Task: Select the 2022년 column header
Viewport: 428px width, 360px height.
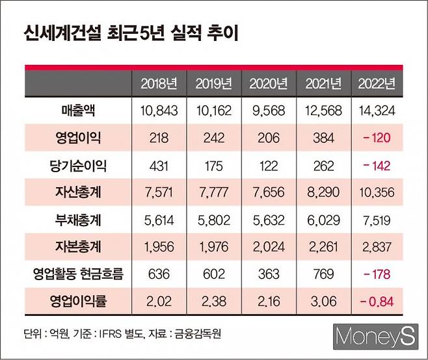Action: (x=377, y=83)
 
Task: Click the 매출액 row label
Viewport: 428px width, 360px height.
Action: (x=74, y=111)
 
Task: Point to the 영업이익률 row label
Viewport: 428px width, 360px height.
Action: (x=74, y=302)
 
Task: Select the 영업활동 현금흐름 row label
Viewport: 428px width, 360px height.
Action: (x=74, y=274)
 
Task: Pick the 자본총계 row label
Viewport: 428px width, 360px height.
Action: (x=74, y=247)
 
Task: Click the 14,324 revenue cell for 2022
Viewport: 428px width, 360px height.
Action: (x=377, y=111)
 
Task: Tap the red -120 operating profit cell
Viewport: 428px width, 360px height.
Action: (x=377, y=138)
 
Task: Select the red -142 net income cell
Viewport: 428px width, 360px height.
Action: (x=377, y=166)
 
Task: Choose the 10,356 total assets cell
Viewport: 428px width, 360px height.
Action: (x=377, y=193)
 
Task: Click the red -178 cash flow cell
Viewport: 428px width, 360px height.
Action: (x=377, y=274)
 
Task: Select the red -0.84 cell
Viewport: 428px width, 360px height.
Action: (x=377, y=302)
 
